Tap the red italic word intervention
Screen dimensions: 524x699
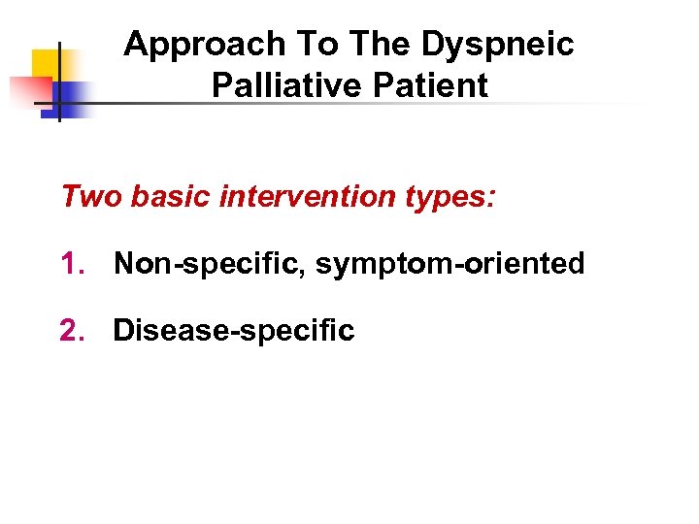[303, 197]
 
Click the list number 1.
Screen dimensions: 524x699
[72, 264]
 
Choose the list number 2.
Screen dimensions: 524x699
[72, 331]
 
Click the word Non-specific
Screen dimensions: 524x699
[209, 264]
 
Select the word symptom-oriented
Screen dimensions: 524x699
[449, 264]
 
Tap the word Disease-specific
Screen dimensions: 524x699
[234, 331]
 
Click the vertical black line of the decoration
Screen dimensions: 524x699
[59, 58]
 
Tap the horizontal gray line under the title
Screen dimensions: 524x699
[388, 103]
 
